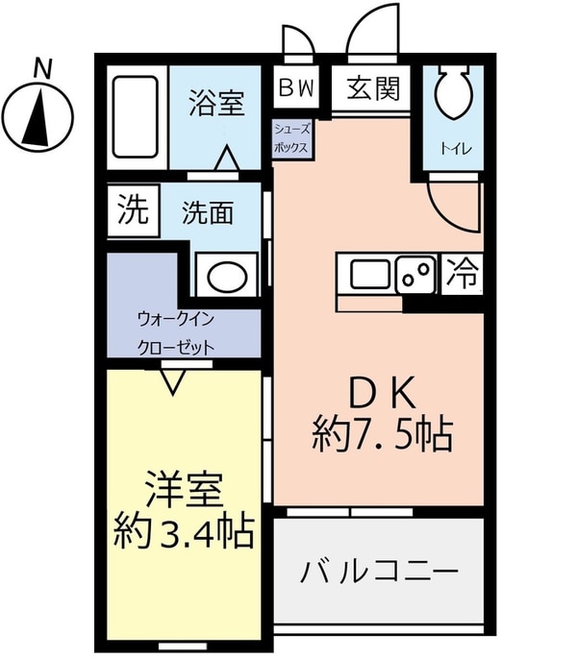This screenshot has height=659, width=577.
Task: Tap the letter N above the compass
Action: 41,68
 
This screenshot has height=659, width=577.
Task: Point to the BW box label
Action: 296,88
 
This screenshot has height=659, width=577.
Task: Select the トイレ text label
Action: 450,148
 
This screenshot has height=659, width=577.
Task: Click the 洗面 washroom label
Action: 208,212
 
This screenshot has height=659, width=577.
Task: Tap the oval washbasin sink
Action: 227,275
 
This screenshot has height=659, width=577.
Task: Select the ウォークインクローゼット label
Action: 175,332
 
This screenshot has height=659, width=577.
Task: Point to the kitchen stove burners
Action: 416,276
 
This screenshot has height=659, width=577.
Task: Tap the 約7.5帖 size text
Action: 382,436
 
